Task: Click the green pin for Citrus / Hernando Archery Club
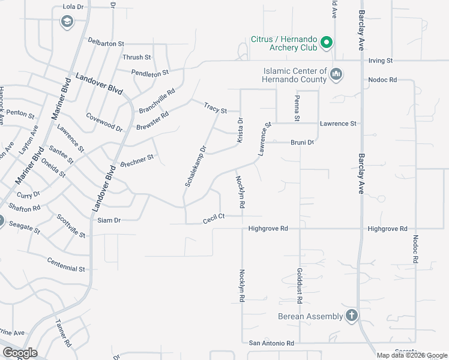coord(327,43)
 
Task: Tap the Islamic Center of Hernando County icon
coord(336,74)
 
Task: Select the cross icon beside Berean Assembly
coord(352,316)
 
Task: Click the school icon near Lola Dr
coord(66,23)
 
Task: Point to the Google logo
coord(19,352)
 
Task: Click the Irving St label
coord(380,61)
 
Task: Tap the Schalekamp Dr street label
coord(195,166)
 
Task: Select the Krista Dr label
coord(240,130)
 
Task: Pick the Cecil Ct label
coord(213,218)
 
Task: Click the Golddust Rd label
coord(299,285)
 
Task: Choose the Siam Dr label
coord(109,220)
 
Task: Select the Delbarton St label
coord(106,44)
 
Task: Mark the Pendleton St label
coord(151,73)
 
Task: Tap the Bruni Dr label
coord(303,143)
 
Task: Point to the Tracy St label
coord(215,109)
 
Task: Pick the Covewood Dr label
coord(104,122)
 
